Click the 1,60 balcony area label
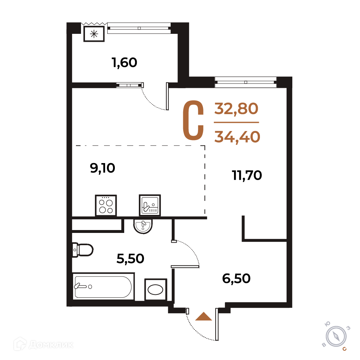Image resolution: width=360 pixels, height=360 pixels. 125,63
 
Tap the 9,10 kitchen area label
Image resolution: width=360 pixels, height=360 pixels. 102,168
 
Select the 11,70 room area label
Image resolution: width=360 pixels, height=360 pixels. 247,175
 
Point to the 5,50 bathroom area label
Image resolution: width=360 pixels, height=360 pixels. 130,259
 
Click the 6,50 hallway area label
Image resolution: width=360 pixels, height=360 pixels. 236,279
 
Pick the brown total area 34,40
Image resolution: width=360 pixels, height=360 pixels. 237,137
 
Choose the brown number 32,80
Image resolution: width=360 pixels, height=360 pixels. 236,109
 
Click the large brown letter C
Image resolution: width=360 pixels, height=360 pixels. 193,120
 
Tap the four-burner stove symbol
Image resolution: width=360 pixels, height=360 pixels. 106,206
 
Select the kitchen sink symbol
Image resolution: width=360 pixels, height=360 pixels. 150,206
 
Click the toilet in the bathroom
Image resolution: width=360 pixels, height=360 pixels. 83,250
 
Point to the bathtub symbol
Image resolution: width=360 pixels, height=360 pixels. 103,286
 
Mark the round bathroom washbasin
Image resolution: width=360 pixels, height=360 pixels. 143,226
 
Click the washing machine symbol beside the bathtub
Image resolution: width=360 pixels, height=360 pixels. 156,289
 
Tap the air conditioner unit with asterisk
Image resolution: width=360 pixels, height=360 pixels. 94,34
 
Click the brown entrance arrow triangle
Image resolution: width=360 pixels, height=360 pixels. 203,316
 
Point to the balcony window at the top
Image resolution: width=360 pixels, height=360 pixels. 139,28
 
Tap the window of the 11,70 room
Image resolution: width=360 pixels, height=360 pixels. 246,82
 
